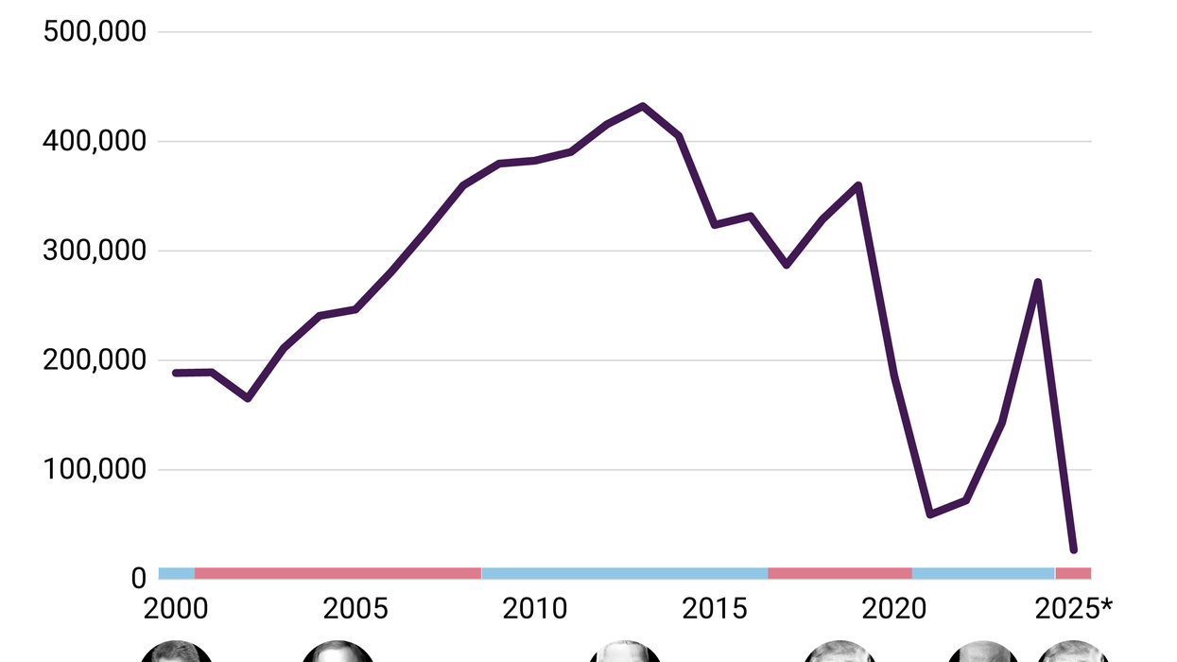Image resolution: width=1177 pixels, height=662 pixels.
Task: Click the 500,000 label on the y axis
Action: coord(95,32)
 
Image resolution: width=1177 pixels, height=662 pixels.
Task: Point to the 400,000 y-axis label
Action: coord(95,142)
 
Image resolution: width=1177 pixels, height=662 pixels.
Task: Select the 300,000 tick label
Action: coord(95,251)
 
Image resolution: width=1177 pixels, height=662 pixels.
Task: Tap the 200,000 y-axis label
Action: coord(95,360)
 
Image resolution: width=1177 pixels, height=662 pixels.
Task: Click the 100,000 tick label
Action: coord(95,470)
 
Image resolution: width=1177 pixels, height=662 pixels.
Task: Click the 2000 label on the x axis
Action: coord(176,608)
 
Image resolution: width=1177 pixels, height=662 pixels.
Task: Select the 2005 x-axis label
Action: coord(355,608)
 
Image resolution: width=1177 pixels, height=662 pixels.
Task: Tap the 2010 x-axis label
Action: coord(535,608)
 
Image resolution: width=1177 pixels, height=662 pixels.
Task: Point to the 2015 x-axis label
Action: coord(715,608)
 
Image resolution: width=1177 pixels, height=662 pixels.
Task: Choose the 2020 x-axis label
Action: coord(894,608)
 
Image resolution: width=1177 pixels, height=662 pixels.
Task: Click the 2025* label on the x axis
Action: coord(1078,608)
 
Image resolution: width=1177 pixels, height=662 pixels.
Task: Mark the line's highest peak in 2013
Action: coord(643,106)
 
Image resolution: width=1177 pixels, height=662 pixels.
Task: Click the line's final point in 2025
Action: coord(1073,549)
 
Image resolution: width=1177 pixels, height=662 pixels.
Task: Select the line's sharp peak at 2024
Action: coord(1038,282)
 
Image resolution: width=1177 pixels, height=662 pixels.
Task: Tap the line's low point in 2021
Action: coord(930,514)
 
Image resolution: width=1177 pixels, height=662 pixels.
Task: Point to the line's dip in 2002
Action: coord(248,398)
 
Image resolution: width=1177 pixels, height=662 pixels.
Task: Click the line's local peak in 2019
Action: coord(858,185)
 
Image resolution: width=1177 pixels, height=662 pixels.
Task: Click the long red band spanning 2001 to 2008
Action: coord(338,573)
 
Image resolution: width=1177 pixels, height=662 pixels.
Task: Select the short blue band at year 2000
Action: coord(177,573)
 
